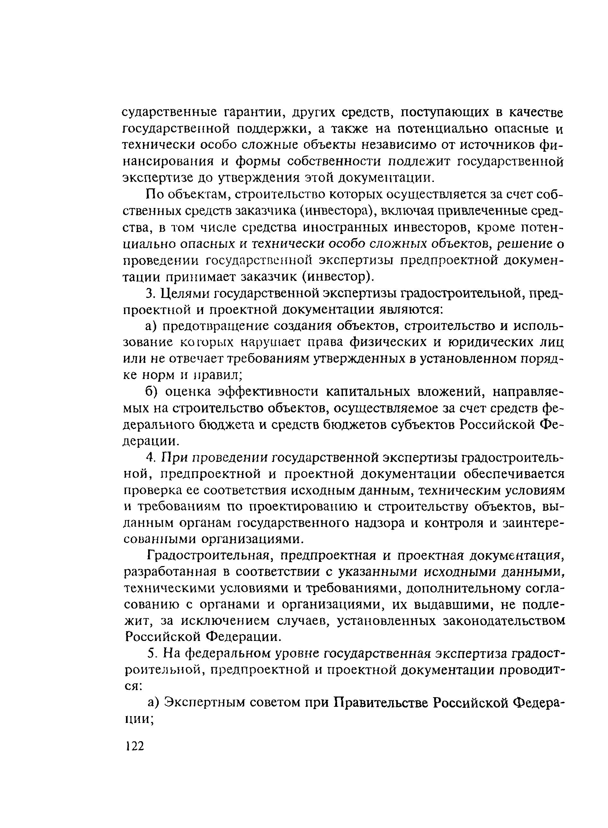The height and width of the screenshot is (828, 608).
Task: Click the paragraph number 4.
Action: (149, 458)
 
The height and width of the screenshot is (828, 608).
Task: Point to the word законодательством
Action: (505, 621)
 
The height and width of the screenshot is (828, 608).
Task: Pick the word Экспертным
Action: (204, 703)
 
